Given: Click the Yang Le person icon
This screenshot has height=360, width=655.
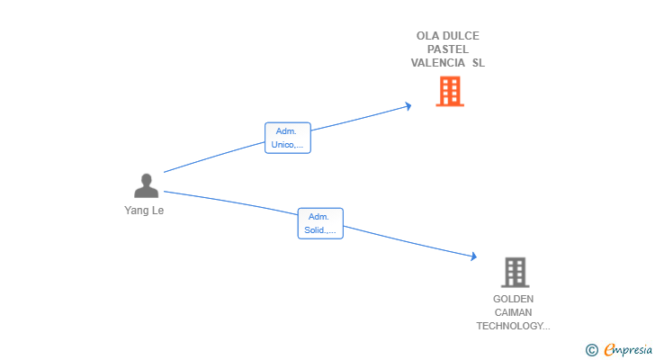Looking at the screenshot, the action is pos(146,185).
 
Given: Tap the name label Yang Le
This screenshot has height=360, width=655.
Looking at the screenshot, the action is pos(144,211).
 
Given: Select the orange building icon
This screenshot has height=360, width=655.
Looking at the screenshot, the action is pos(450,91).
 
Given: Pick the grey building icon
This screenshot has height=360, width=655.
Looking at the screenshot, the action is pos(515,273).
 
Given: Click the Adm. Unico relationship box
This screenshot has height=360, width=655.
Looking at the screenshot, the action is pos(288,138).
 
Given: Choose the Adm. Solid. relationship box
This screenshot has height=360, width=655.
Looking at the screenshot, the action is pos(320,223).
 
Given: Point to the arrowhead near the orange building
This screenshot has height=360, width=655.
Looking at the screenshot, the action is pos(408,106).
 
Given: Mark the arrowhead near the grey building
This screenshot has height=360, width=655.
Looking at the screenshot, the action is pos(473,256).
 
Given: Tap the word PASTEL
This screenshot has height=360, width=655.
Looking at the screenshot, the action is pos(448,49).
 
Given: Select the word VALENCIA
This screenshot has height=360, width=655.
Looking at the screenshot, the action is pos(438,63).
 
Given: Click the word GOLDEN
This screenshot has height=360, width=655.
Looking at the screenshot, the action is pos(513,299).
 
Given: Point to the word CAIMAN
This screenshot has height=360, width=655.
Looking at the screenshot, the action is pos(513,312).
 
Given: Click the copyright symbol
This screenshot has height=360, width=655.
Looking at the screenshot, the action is pos(591,350).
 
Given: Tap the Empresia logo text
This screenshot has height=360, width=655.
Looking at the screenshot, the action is pos(628,349).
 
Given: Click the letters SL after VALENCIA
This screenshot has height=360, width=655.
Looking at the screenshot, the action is pos(479,63).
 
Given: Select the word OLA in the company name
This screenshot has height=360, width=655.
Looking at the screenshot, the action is pos(426,36).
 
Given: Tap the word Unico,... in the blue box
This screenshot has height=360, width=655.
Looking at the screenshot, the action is pos(287,145).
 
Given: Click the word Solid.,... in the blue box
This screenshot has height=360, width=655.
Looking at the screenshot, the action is pos(320,230).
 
